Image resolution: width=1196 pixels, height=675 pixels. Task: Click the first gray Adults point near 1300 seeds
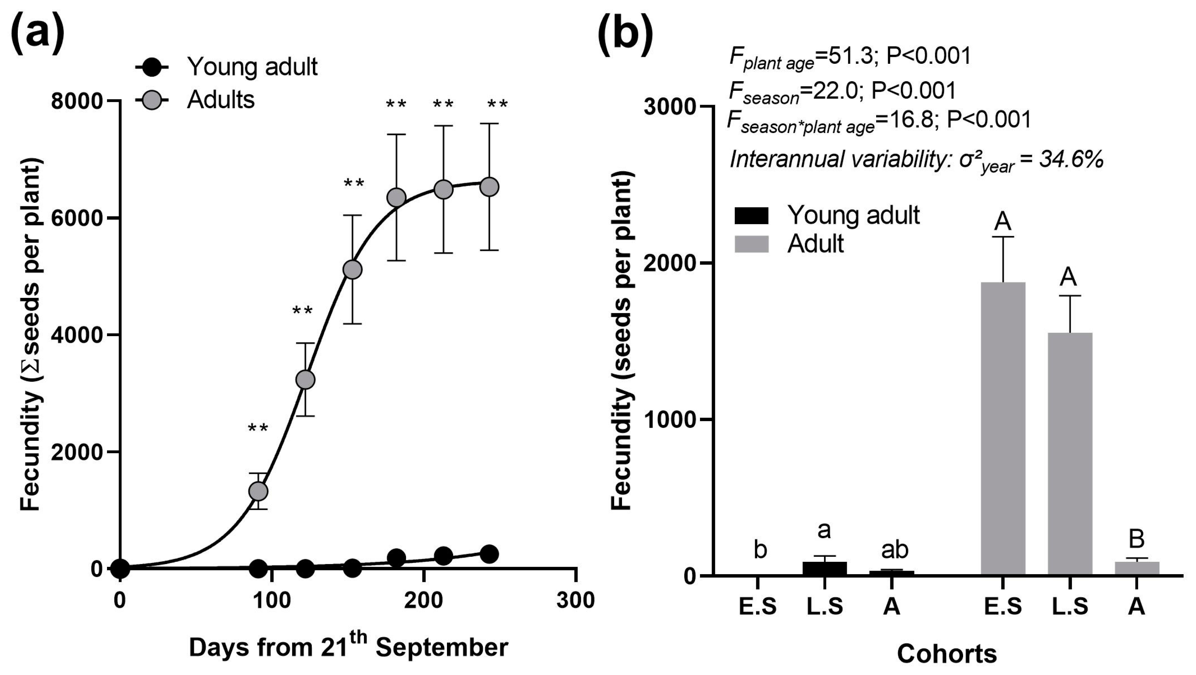pos(258,491)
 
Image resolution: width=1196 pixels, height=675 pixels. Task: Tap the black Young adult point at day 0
pos(120,568)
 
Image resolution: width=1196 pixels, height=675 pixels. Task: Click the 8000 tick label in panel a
pos(76,101)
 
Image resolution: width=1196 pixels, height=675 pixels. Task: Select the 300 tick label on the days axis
pos(576,600)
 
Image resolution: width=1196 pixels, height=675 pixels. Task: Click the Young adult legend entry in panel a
pos(228,67)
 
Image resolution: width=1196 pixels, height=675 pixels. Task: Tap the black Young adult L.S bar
pos(825,568)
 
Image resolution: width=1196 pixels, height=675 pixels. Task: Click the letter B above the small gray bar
pos(1136,539)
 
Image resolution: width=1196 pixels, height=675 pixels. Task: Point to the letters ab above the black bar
pos(894,550)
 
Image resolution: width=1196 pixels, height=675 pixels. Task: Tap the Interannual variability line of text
pos(916,161)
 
